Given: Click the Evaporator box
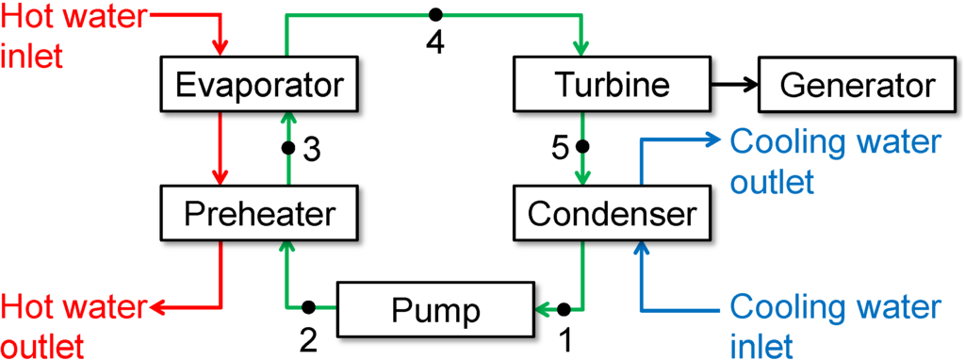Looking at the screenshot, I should (x=259, y=86).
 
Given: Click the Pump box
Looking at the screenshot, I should (x=435, y=308).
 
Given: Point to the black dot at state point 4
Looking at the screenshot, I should (x=435, y=15).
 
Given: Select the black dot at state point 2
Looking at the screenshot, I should (x=308, y=307).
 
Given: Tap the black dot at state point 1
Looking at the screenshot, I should (x=564, y=307).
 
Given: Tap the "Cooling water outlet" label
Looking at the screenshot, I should (x=835, y=160).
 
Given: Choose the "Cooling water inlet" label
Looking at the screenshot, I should (x=835, y=325).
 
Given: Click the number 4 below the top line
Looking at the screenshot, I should (x=435, y=43).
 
